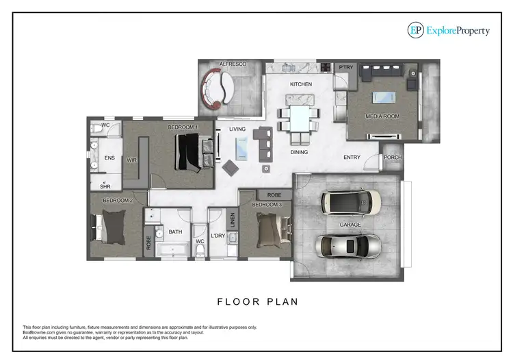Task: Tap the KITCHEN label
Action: click(301, 84)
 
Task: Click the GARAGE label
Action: click(351, 224)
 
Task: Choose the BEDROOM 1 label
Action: click(183, 127)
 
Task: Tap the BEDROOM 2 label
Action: click(117, 200)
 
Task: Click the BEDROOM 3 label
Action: click(267, 205)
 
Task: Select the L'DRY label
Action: click(218, 236)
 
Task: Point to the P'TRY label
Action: click(345, 67)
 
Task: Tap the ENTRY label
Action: click(352, 158)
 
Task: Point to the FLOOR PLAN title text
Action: click(257, 301)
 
